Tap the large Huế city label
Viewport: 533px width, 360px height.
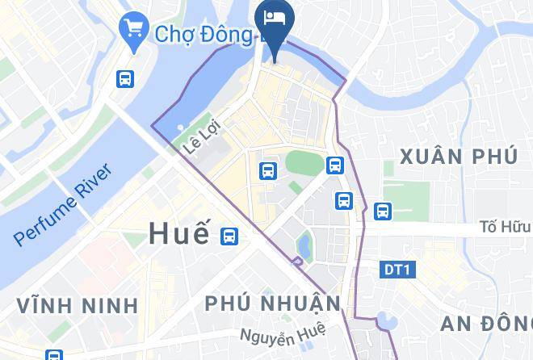[179, 234]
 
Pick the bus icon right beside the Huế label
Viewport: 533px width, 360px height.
[229, 236]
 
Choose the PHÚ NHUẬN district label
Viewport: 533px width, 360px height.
[272, 304]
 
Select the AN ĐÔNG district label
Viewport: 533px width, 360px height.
[486, 324]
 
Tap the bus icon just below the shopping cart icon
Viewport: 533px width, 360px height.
[125, 78]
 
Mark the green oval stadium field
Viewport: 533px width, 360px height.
[303, 161]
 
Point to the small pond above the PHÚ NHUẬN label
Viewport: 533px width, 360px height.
[304, 243]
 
